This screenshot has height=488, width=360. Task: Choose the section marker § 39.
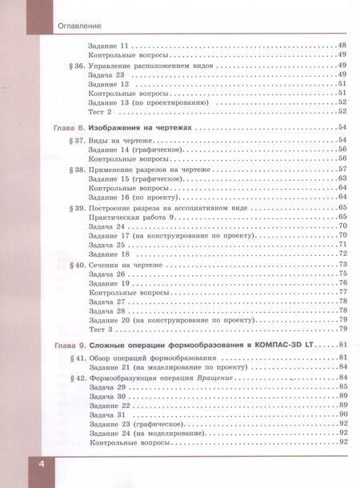pyautogui.click(x=73, y=207)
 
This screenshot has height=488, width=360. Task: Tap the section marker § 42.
pyautogui.click(x=73, y=377)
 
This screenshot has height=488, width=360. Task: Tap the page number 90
pyautogui.click(x=342, y=414)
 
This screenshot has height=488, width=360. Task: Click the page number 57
pyautogui.click(x=342, y=170)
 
